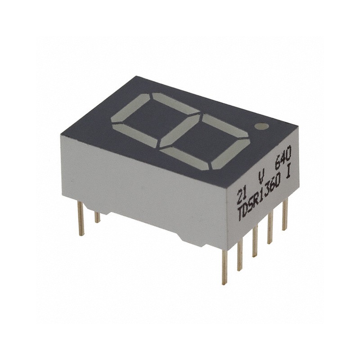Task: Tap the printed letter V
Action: click(x=261, y=178)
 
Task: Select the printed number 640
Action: click(x=283, y=157)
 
